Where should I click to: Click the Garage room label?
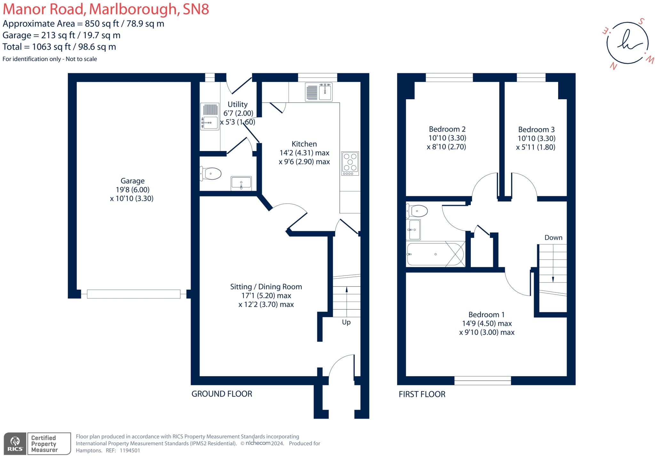(x=132, y=181)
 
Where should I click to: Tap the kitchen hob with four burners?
(x=350, y=163)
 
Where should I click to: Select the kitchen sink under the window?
(x=319, y=92)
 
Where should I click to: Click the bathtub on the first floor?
(x=435, y=254)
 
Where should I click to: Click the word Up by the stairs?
(x=346, y=322)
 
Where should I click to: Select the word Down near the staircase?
(x=553, y=238)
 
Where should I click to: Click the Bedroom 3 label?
(x=536, y=130)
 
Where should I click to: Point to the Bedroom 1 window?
(x=482, y=380)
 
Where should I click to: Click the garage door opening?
(x=133, y=294)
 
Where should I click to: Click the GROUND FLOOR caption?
(x=222, y=394)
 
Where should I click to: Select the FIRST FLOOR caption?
(x=422, y=394)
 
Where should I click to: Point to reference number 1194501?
(x=130, y=450)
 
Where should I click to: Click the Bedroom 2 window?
(x=449, y=77)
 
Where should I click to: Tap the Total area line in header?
(x=59, y=47)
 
